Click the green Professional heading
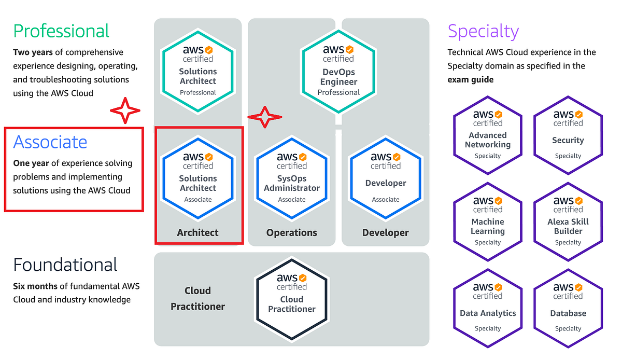tap(61, 31)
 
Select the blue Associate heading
tap(50, 142)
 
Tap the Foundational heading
tap(65, 265)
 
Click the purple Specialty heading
tap(483, 32)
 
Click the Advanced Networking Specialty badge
tap(488, 134)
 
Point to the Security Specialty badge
tap(568, 134)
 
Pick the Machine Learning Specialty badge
tap(488, 221)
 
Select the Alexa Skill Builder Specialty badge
tap(568, 221)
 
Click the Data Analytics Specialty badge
tap(488, 308)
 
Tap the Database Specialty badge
tap(568, 308)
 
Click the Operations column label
tap(292, 233)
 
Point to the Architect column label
tap(198, 233)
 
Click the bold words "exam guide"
tap(470, 80)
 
